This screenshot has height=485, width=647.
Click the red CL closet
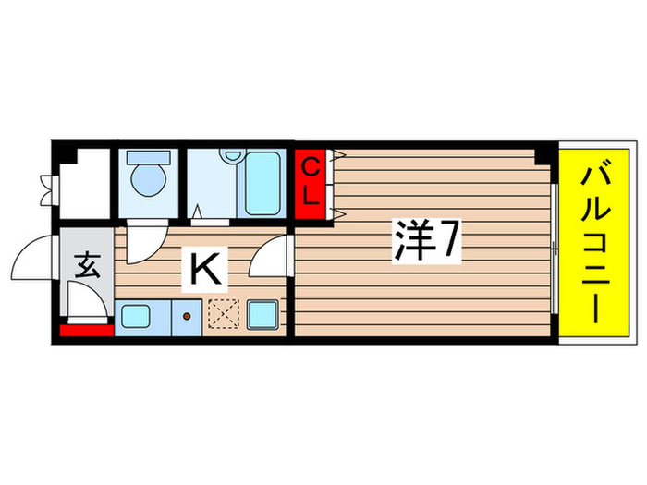pos(312,183)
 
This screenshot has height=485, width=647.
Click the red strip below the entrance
pos(85,330)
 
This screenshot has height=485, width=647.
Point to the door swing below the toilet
pos(143,243)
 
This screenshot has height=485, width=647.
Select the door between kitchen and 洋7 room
pos(275,253)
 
